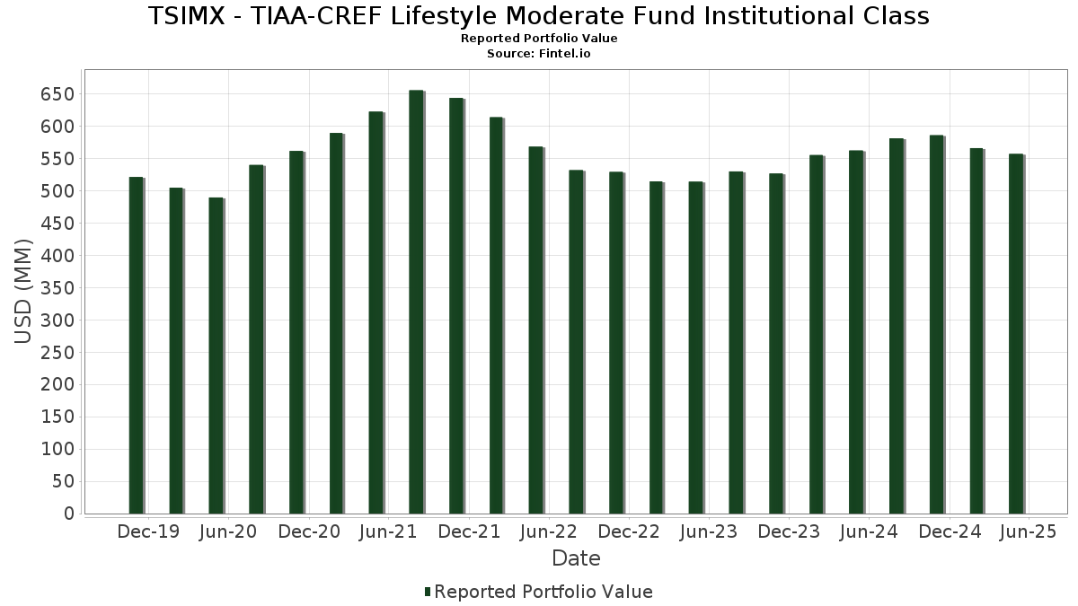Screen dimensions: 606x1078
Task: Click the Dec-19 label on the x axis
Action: (148, 531)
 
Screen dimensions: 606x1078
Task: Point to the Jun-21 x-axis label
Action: (388, 531)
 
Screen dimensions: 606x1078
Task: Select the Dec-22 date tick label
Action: (629, 531)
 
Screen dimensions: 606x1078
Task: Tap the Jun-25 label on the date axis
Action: (1029, 531)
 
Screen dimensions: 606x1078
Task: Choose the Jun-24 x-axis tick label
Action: (869, 531)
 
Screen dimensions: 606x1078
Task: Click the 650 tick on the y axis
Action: (57, 94)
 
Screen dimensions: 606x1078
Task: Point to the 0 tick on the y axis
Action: (68, 514)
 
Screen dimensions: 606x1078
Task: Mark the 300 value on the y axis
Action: (57, 320)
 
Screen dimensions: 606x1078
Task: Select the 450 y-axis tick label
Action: (57, 224)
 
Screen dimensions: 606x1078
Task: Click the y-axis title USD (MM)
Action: (24, 291)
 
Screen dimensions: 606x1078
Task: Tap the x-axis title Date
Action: (576, 558)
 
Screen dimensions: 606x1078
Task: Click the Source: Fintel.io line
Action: (539, 54)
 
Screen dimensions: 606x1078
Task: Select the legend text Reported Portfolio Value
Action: (543, 592)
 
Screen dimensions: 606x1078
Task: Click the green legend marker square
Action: (428, 592)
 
